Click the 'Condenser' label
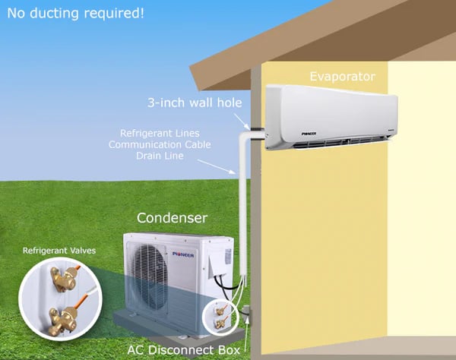tap(172, 218)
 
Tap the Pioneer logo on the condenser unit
tap(183, 254)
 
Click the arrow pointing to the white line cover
tap(228, 169)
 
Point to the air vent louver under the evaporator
tap(334, 141)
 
